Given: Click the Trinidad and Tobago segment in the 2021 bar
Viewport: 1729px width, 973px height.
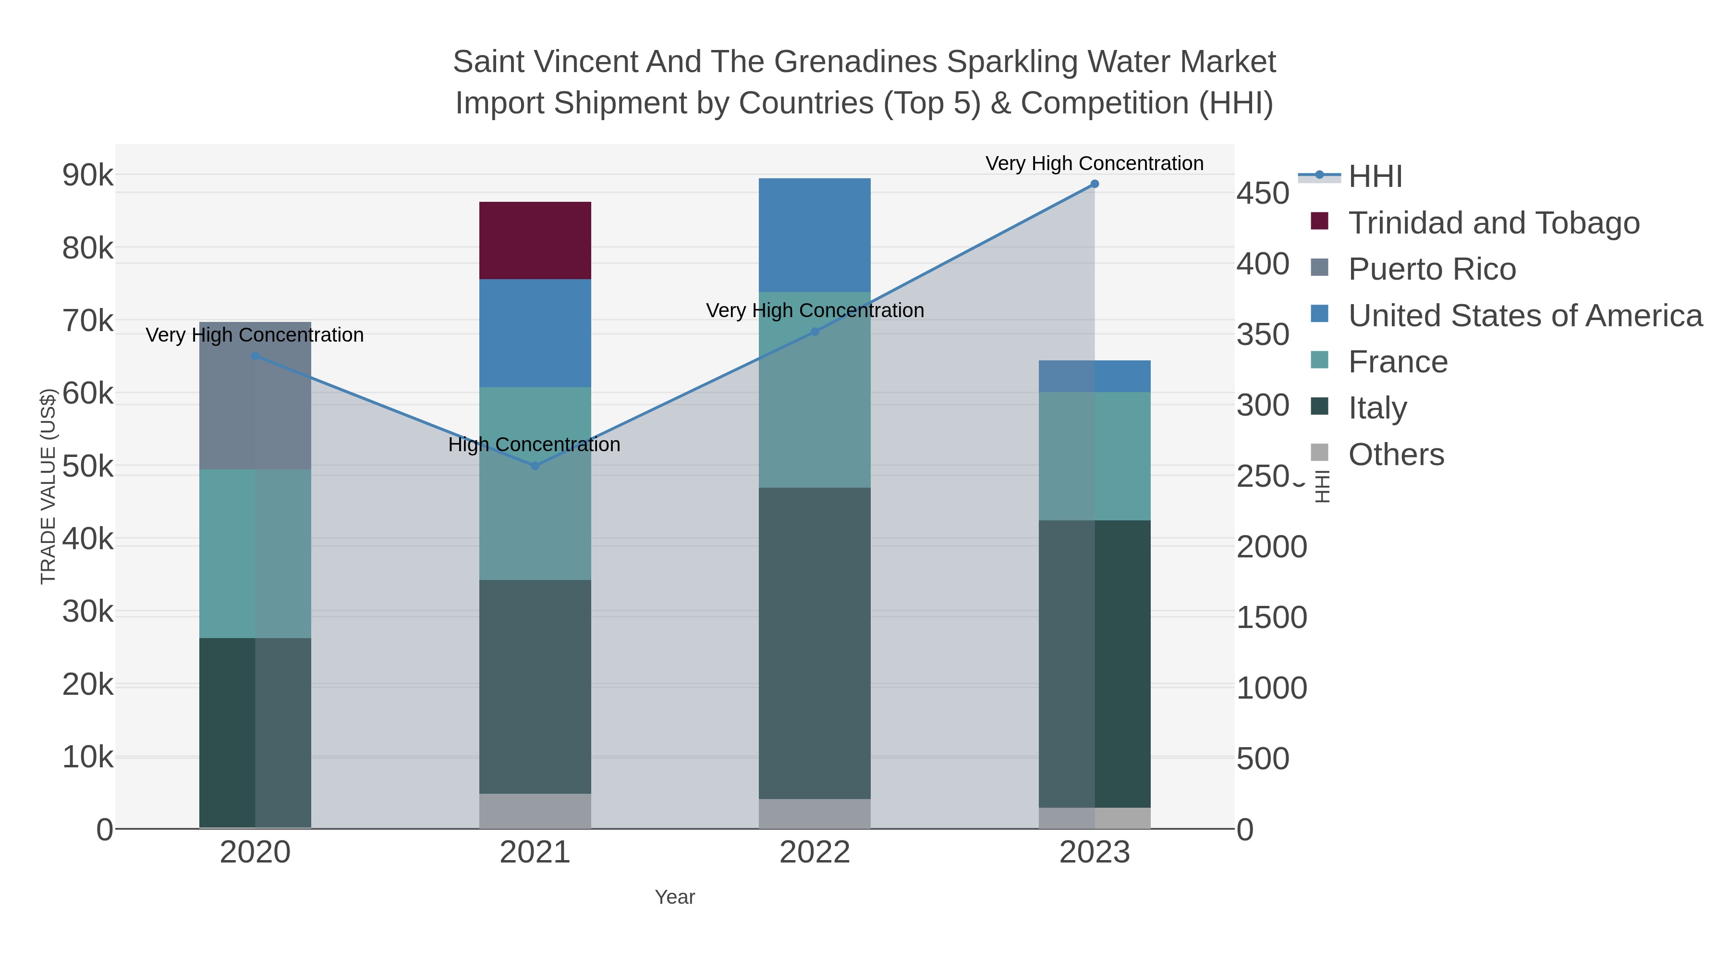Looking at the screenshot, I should tap(535, 240).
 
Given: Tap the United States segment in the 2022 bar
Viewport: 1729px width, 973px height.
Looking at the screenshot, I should tap(814, 234).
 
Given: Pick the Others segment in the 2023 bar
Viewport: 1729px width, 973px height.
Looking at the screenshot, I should tap(1094, 817).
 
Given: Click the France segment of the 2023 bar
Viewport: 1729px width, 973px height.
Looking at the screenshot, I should tap(1094, 456).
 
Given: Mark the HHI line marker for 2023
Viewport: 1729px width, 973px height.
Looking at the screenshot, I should tap(1095, 184).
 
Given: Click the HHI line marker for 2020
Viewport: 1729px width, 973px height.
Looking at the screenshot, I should tap(255, 356).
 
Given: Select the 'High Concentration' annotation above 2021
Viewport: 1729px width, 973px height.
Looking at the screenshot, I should tap(534, 444).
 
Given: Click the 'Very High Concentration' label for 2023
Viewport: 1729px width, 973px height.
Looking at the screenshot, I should tap(1094, 163).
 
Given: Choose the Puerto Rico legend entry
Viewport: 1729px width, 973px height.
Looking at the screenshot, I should tap(1432, 269).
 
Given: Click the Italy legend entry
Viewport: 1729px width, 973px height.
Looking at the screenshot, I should tap(1377, 408).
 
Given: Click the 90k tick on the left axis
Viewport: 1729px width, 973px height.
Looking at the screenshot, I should tap(88, 175).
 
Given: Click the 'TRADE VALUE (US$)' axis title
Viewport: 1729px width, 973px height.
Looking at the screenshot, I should tap(49, 486).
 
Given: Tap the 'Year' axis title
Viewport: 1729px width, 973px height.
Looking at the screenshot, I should tap(675, 897).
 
